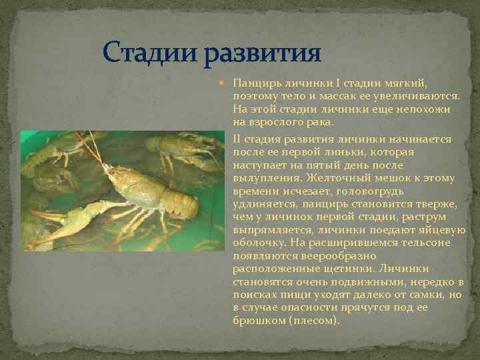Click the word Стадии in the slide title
click(x=145, y=51)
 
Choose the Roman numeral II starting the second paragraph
click(x=238, y=139)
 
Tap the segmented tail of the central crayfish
click(x=180, y=203)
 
